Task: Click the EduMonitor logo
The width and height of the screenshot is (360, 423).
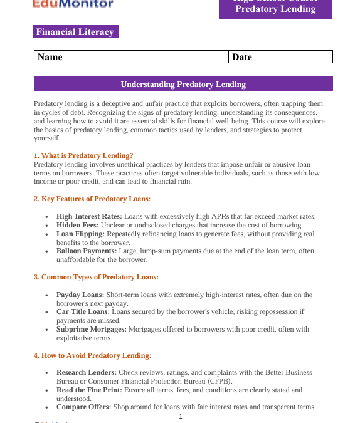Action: pos(73,4)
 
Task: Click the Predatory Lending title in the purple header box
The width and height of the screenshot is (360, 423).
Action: pos(275,9)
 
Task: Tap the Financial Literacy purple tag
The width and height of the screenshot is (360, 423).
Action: pos(75,32)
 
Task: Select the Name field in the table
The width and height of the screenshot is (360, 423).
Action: pos(132,57)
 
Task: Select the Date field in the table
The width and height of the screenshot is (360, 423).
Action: pos(280,57)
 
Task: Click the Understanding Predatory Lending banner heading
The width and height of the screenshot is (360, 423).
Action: pos(183,84)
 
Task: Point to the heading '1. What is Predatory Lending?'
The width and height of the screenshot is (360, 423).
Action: pos(83,155)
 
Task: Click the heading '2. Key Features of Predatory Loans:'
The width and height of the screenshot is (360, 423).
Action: pos(92,199)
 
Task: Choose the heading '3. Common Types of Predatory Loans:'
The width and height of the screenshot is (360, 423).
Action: pos(96,277)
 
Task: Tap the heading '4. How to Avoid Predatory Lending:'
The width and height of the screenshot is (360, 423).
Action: pos(92,355)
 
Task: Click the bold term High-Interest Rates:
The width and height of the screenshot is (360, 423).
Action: pos(89,216)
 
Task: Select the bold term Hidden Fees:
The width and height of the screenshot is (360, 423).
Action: pos(78,225)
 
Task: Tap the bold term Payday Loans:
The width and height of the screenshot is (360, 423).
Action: pos(79,295)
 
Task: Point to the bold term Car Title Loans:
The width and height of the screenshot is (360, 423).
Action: pos(83,311)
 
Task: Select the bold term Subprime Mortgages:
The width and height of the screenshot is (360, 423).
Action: pos(92,329)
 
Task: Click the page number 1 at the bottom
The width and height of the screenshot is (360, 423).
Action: pos(181,417)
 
